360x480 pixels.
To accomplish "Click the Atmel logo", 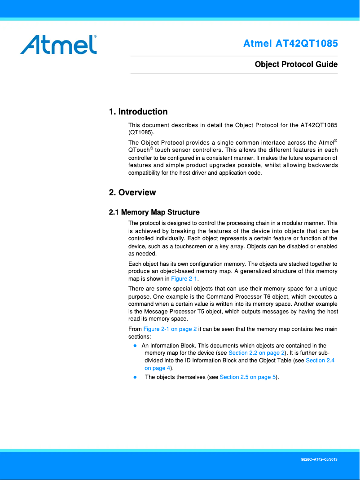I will [x=58, y=44].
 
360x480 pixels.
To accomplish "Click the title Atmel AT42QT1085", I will [x=290, y=44].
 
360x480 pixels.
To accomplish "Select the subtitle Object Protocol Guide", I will [x=296, y=64].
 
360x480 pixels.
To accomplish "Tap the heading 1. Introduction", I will [x=138, y=112].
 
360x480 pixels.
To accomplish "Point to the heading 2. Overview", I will [x=132, y=193].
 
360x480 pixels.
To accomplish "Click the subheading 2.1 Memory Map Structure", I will [x=154, y=212].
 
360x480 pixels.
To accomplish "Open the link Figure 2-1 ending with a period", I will [x=184, y=279].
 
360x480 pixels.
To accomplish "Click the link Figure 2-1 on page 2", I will [x=170, y=329].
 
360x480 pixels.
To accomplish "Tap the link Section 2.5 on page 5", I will [x=248, y=377].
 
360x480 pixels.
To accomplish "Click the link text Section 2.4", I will [x=320, y=361].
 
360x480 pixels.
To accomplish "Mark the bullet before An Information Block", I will [x=135, y=346].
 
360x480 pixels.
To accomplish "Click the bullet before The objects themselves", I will [x=135, y=377].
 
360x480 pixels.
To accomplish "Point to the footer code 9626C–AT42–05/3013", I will [x=319, y=461].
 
